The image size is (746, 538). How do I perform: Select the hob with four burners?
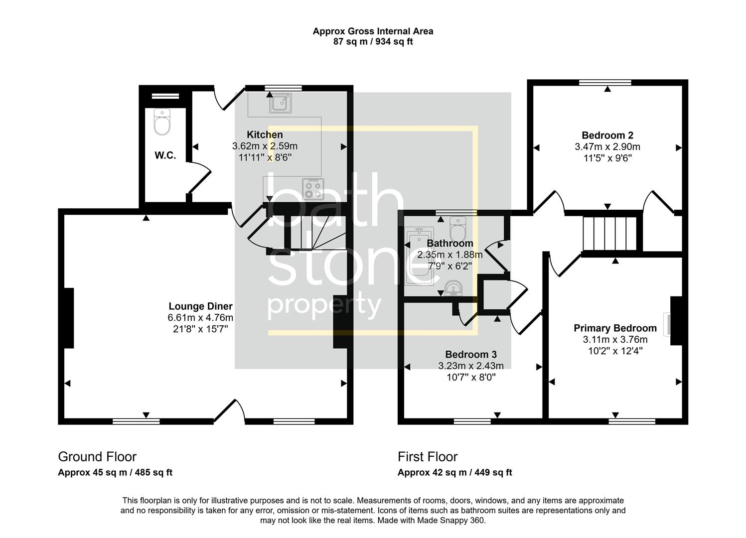(313, 189)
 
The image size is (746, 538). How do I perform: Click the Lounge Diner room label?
(200, 306)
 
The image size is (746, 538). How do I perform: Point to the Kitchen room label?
(265, 134)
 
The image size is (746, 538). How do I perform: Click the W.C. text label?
(165, 155)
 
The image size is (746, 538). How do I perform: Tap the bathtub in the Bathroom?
(419, 256)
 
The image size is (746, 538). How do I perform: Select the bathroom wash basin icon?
(453, 288)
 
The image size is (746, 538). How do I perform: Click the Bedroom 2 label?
(607, 135)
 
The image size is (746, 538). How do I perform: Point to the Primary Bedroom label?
(615, 328)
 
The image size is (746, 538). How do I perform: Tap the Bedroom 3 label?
(470, 354)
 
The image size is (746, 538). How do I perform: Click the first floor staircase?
(611, 233)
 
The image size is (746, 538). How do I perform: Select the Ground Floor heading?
(97, 456)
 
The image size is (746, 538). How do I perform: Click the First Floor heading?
(428, 456)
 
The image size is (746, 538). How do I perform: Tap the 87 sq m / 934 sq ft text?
(373, 42)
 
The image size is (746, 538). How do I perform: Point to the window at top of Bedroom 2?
(605, 83)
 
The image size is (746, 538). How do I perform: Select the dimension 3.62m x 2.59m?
(265, 146)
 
